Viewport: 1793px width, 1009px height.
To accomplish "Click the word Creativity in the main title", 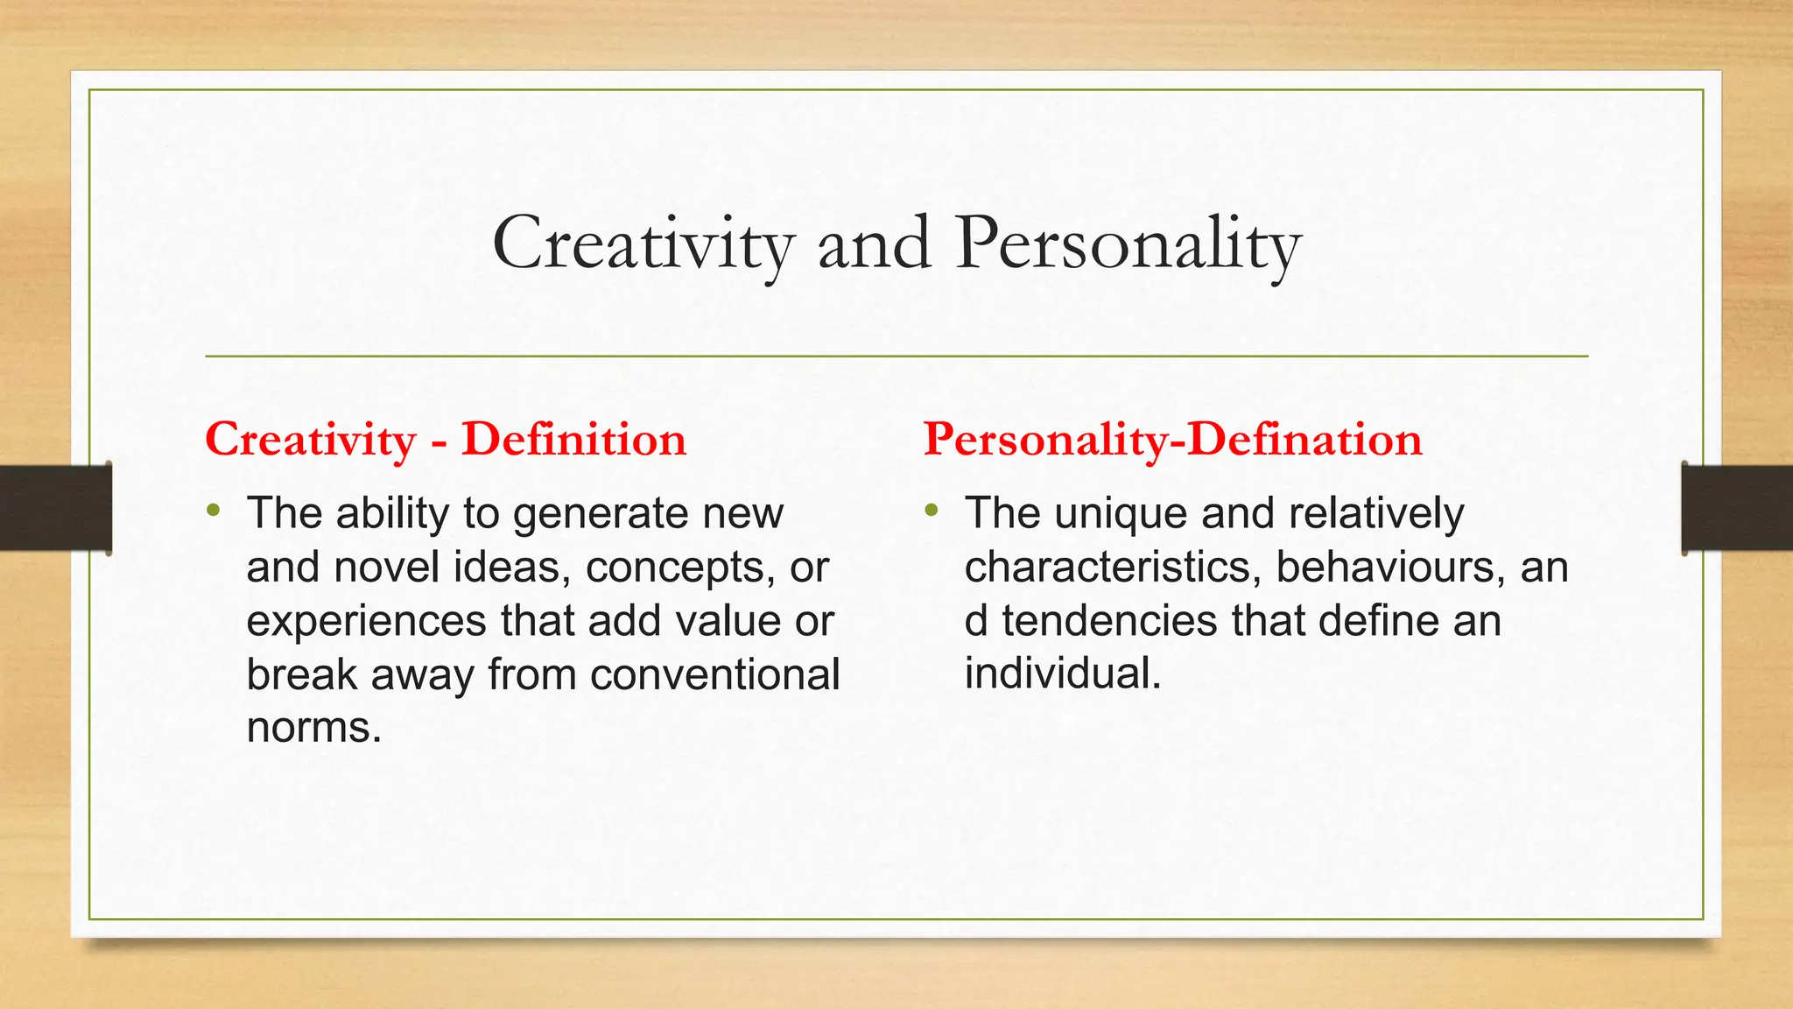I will pos(643,243).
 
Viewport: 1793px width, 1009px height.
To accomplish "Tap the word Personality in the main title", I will pos(1128,243).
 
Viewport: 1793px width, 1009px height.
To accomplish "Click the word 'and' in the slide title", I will pos(873,243).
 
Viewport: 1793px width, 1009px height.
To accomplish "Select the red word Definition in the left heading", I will pos(573,439).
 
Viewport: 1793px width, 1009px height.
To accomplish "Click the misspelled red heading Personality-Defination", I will pos(1172,439).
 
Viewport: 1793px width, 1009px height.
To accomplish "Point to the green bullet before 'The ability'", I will pos(214,510).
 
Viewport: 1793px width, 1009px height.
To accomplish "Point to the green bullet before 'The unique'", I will pos(931,510).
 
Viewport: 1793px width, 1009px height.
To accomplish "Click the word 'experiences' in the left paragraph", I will pos(366,621).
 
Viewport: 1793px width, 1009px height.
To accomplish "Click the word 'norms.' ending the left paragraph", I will pos(314,728).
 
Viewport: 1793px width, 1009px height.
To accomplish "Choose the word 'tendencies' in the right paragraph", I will pos(1109,621).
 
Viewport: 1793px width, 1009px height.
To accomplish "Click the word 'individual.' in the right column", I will pos(1063,674).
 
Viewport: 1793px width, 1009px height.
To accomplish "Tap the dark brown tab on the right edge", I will pos(1737,508).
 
